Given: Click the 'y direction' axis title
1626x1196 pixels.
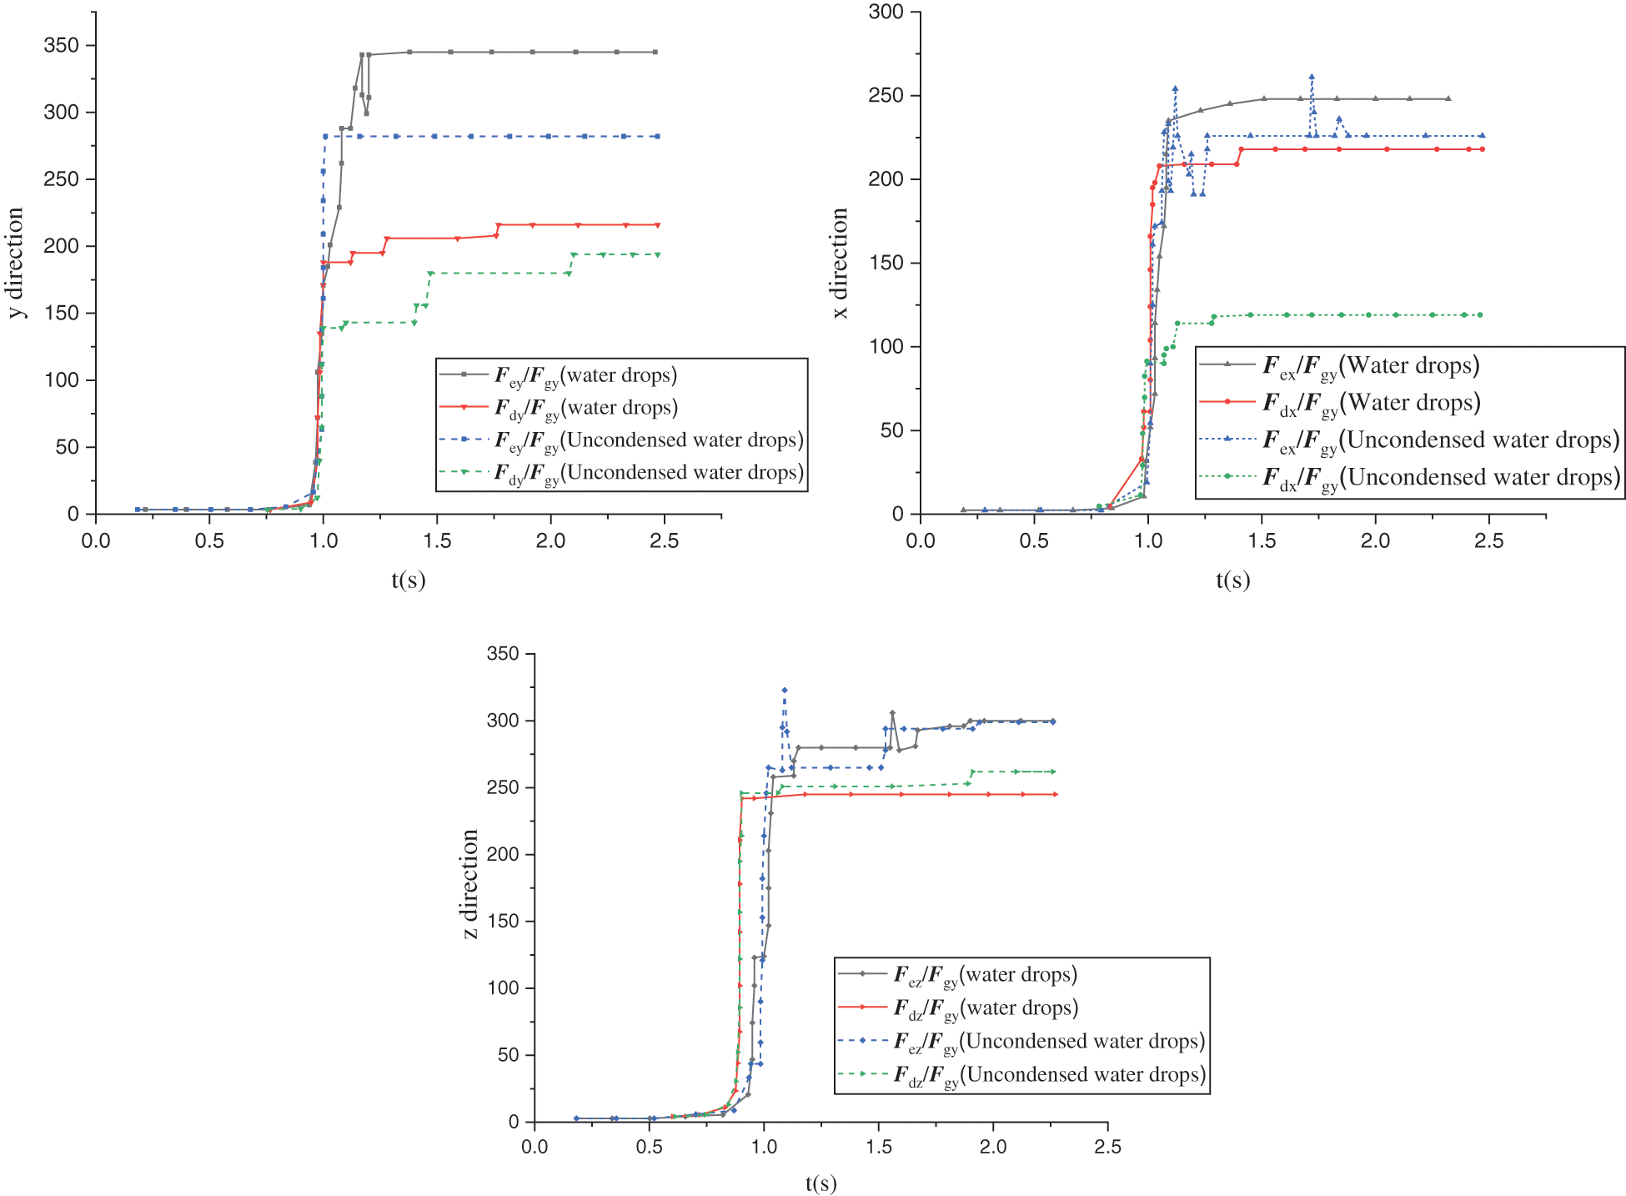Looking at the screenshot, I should (16, 263).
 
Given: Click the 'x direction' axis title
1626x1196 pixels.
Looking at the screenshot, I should (840, 263).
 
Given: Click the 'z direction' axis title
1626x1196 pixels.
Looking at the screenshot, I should (470, 884).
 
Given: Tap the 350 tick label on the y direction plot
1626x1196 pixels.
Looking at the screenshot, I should (61, 45).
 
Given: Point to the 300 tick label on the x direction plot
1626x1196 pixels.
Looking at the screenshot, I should (886, 12).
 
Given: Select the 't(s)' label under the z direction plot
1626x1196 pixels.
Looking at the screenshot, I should (821, 1183).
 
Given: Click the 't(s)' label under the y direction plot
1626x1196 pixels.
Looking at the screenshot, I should (409, 580).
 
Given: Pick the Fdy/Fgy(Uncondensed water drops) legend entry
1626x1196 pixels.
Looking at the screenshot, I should (649, 473).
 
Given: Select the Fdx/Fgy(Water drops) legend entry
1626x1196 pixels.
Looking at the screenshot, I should (1371, 403).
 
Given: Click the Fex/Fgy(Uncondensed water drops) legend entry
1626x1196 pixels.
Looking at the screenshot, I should (1441, 440).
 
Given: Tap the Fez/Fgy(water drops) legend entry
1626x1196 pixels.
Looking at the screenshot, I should (985, 974).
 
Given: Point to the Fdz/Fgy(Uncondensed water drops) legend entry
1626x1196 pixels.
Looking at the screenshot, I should (1049, 1074).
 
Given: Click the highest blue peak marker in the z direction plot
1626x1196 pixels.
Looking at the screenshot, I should (785, 690).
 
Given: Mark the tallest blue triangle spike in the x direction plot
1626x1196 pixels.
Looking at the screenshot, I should (1312, 77).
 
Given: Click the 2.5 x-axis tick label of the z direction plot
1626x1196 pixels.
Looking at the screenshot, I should (1107, 1147).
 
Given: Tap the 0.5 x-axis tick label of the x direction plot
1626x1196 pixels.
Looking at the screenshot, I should (1034, 540).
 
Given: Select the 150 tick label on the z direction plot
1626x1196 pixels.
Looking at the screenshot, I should (503, 921).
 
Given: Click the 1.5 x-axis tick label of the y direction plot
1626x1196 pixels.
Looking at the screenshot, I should (437, 540).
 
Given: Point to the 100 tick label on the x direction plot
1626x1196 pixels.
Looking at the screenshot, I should (886, 346).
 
